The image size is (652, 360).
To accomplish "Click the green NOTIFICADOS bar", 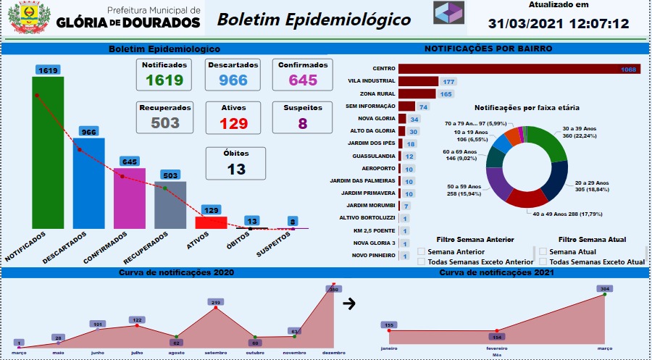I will point(48,152).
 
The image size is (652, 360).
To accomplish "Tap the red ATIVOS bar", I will point(212,222).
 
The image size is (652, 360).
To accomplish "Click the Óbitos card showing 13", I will point(236,163).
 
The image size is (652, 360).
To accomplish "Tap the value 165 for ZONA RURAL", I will point(446,94).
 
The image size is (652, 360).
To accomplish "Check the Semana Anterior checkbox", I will point(422,251).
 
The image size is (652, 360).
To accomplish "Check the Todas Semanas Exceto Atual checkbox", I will point(543,262).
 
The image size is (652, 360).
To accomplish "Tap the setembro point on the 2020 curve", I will point(215,309).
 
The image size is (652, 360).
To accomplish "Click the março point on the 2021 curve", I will point(605,295).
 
